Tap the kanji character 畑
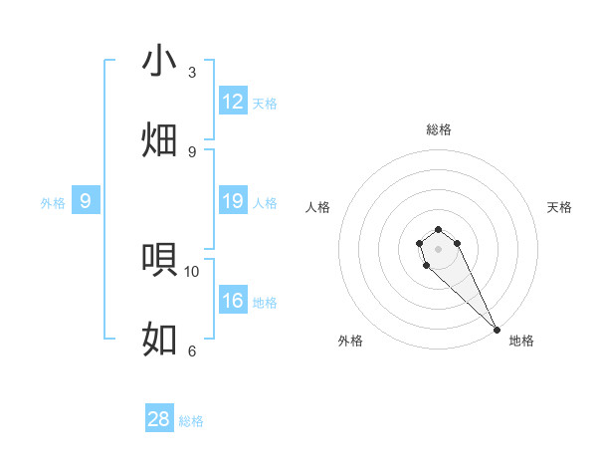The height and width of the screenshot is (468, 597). coord(159,139)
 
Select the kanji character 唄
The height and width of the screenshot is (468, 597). coord(159,259)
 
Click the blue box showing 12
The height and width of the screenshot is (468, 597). coord(233,102)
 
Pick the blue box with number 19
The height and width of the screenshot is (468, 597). coord(233,202)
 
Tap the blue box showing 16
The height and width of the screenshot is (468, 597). coord(233,302)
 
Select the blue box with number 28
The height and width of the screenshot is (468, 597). coord(159,419)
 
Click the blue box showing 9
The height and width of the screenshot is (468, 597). coord(86,202)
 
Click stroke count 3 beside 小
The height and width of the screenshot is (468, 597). coord(192,73)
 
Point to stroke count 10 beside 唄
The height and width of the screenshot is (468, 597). coord(192,271)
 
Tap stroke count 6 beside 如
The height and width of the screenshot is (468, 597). coord(192,351)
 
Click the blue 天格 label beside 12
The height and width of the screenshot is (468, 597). coord(265,104)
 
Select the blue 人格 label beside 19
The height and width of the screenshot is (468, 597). coord(265,203)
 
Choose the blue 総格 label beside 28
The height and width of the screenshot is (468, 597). coord(191,421)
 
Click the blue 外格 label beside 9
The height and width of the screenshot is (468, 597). coord(53,203)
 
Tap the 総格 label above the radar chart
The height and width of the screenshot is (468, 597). coord(438,129)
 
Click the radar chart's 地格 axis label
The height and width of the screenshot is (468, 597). coord(521,341)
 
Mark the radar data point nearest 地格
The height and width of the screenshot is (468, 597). coord(497,330)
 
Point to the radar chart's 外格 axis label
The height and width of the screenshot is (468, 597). coord(350,341)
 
